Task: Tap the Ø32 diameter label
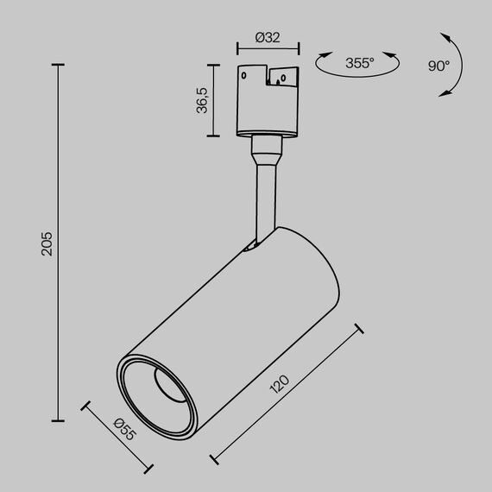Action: pyautogui.click(x=267, y=37)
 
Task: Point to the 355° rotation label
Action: pyautogui.click(x=358, y=63)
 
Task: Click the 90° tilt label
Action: pyautogui.click(x=438, y=66)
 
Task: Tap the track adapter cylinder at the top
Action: pyautogui.click(x=267, y=102)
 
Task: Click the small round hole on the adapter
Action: pyautogui.click(x=247, y=76)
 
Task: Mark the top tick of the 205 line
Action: pyautogui.click(x=59, y=65)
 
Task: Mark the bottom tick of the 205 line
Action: pyautogui.click(x=59, y=420)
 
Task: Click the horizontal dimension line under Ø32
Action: pyautogui.click(x=268, y=50)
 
